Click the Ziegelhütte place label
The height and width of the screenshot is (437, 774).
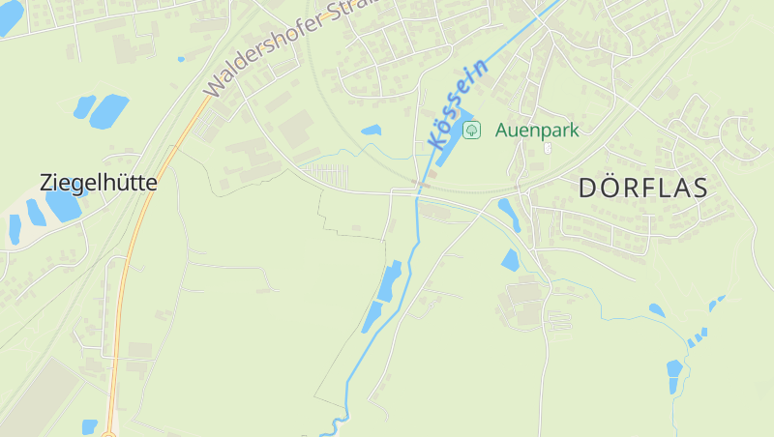pos(98,182)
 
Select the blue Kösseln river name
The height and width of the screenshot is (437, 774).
pos(456,103)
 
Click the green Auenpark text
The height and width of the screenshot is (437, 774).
pos(537,130)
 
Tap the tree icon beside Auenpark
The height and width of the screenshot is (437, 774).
pos(471,130)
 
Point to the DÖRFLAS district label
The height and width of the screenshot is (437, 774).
pos(642,188)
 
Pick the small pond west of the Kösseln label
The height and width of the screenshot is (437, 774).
pos(372,130)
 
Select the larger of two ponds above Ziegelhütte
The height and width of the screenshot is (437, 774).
pos(108,111)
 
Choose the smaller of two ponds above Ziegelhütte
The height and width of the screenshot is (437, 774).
pos(84,106)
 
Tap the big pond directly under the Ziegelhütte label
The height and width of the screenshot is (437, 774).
pos(64,204)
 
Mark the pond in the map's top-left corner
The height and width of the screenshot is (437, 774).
pos(9,16)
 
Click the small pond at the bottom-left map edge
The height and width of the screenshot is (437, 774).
pos(89,426)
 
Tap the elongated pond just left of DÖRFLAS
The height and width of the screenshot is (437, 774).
pos(509,214)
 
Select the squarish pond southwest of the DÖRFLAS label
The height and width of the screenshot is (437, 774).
pos(510,259)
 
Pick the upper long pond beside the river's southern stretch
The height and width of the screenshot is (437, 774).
pos(390,281)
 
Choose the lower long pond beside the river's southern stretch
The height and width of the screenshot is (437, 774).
pos(372,316)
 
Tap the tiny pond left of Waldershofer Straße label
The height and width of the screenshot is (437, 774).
pos(181,59)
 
